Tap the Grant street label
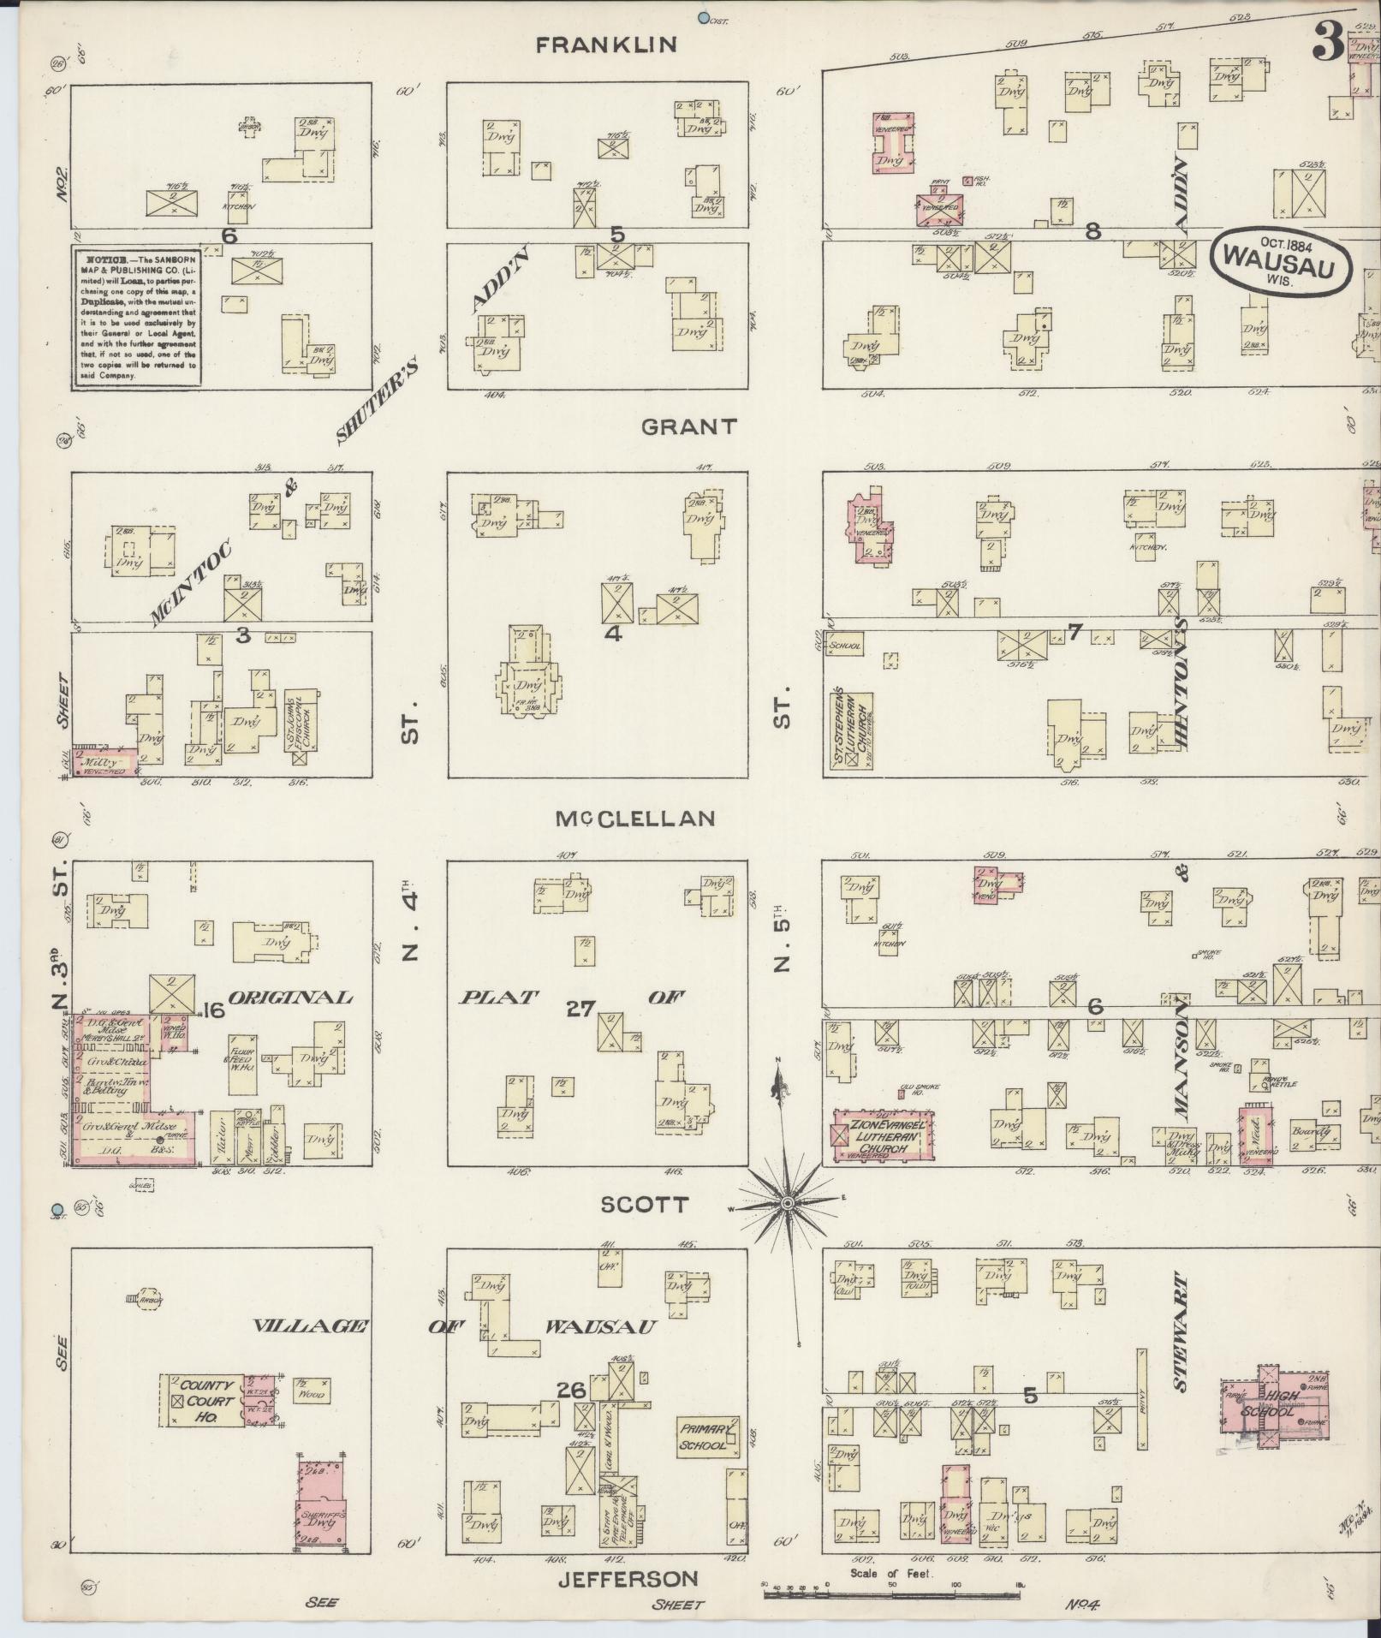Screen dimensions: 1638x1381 click(688, 426)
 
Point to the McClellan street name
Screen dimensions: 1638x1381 click(634, 819)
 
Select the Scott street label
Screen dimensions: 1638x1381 click(644, 1205)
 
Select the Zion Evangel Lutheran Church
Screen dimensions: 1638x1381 click(884, 1136)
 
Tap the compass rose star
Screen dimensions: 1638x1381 click(787, 1204)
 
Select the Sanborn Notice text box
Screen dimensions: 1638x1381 click(136, 317)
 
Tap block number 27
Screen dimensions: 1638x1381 click(580, 1009)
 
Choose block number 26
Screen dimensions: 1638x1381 click(571, 1391)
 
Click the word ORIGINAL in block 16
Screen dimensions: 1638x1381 click(290, 998)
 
